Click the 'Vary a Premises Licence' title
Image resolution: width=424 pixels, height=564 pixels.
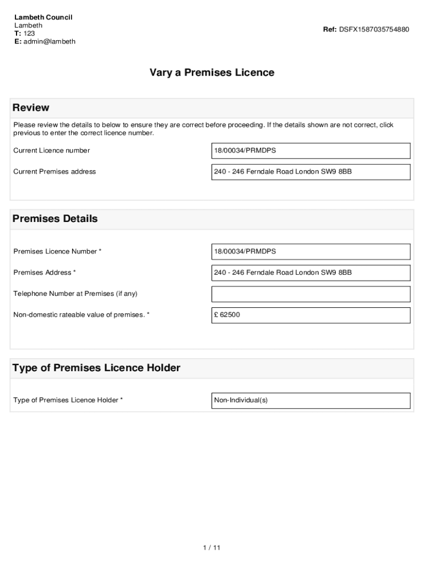pos(211,73)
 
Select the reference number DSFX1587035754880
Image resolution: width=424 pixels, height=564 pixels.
pos(374,29)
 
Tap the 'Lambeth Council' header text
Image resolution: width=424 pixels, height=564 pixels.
pos(43,17)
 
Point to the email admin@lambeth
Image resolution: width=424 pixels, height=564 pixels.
pos(49,41)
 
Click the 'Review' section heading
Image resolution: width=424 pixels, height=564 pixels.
pos(31,107)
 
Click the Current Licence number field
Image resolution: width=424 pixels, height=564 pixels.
pos(311,150)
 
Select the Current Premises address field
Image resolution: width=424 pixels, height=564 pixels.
pos(311,172)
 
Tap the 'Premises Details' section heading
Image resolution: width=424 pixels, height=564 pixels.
pos(55,219)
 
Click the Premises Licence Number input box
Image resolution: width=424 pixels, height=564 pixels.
pos(311,252)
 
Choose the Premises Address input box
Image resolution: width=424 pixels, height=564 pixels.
pos(311,273)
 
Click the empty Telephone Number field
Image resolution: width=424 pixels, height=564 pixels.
pos(311,294)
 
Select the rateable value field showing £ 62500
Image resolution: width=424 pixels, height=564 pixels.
pos(311,315)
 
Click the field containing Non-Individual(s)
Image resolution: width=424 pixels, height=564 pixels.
pos(311,400)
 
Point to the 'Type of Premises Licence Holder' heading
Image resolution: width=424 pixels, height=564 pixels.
pos(96,368)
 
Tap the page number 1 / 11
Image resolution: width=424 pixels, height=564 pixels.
pos(211,547)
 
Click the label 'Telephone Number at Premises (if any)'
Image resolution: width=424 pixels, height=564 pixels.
pos(75,294)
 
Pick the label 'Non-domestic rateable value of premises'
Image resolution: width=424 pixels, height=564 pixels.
pos(81,315)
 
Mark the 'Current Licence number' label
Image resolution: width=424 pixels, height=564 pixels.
pos(51,150)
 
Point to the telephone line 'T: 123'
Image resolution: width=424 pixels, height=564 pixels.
pos(25,34)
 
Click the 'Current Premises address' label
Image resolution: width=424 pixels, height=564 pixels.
pos(54,172)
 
